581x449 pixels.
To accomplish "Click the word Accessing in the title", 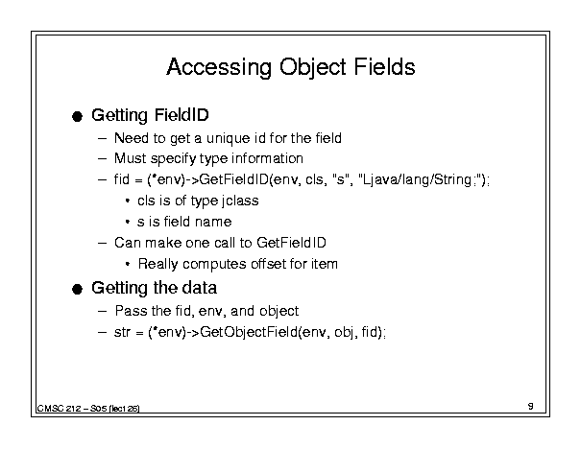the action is coord(219,67).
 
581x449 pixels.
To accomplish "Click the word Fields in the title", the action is coord(385,66).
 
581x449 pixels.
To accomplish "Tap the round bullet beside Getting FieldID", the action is coord(77,117).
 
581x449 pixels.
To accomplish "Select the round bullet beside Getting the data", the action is coord(77,289).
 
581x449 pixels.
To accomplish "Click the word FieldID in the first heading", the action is coord(182,115).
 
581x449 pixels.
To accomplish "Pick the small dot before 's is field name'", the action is coord(128,222).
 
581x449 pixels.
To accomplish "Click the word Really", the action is coord(157,264).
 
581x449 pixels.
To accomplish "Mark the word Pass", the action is coord(132,311).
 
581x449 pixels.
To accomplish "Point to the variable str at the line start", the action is coord(122,332).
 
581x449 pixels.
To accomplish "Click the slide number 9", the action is coord(531,406).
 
